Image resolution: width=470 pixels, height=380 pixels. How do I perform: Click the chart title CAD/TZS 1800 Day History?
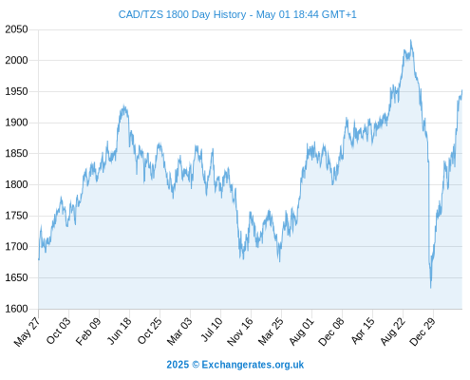point(182,14)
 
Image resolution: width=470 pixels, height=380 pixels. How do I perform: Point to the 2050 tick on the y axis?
point(16,29)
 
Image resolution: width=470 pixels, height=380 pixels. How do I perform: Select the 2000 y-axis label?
point(16,60)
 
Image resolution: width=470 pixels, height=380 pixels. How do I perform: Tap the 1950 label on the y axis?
point(16,91)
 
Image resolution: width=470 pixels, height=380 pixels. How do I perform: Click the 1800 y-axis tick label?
point(16,184)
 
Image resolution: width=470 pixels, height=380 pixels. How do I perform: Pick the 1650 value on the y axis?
point(16,277)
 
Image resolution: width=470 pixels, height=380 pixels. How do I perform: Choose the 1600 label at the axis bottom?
point(16,309)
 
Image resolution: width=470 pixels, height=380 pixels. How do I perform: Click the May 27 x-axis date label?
point(28,332)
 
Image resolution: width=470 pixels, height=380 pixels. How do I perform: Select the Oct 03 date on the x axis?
point(58,331)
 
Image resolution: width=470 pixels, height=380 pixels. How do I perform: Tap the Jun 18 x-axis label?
point(119,331)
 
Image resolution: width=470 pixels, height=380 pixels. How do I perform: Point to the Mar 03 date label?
point(179,332)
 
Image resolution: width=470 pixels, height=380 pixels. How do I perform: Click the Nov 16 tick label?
point(240,332)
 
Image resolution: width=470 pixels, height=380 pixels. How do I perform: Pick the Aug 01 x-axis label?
point(301,332)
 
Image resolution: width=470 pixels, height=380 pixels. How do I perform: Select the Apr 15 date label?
point(362,331)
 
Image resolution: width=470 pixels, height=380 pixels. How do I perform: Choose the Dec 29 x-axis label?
point(423,332)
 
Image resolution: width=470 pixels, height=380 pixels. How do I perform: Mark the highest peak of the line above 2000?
point(411,40)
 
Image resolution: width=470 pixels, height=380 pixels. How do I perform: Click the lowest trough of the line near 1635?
point(431,288)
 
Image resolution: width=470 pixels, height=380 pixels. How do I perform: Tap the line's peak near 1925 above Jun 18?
point(124,105)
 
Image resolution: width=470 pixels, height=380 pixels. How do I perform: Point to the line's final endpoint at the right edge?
point(462,90)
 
